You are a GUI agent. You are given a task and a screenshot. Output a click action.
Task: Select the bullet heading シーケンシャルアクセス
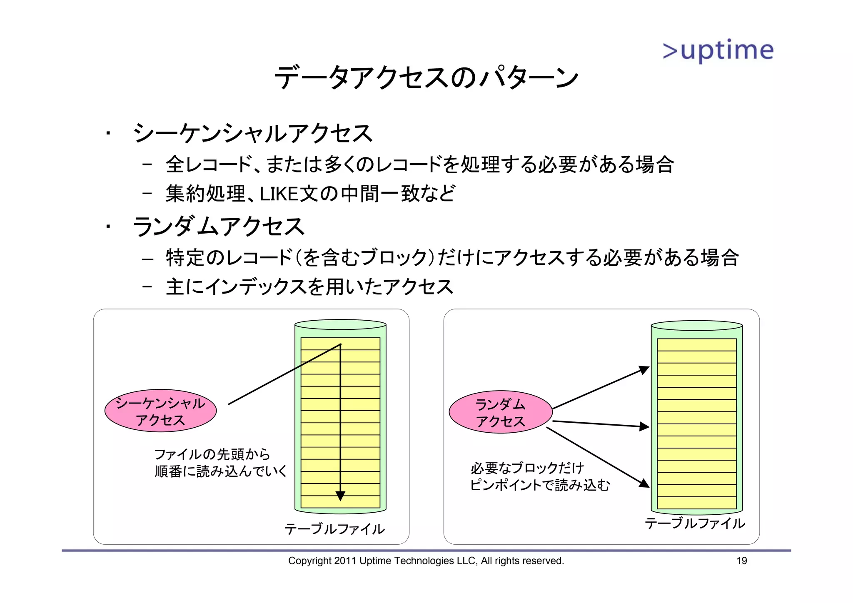[x=252, y=133]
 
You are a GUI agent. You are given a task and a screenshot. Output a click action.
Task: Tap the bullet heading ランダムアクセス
[x=219, y=227]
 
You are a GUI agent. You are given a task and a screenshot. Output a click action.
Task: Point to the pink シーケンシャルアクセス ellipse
[x=160, y=411]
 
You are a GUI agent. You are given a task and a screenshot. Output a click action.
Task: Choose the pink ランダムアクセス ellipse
[x=500, y=412]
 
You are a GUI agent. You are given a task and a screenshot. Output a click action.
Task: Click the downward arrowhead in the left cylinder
[x=340, y=496]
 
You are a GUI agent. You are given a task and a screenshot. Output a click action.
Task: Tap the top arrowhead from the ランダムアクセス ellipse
[x=645, y=369]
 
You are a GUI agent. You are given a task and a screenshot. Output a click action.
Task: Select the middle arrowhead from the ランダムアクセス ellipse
[x=645, y=426]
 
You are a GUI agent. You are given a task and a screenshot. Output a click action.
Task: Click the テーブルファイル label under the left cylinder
[x=334, y=529]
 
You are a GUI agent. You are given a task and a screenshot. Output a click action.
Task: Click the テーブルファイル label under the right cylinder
[x=695, y=523]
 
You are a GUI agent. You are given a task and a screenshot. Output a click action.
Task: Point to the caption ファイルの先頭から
[x=212, y=454]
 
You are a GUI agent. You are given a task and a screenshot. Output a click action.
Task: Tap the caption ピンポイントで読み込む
[x=540, y=485]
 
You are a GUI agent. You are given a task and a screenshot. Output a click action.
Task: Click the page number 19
[x=741, y=561]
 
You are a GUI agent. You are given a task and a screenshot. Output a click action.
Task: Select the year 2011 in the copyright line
[x=345, y=561]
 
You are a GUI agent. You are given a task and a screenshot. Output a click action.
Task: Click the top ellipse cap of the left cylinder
[x=340, y=324]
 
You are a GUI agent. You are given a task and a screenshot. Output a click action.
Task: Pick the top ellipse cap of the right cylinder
[x=696, y=325]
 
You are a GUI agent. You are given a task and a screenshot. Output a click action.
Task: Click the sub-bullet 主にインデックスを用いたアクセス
[x=309, y=287]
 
